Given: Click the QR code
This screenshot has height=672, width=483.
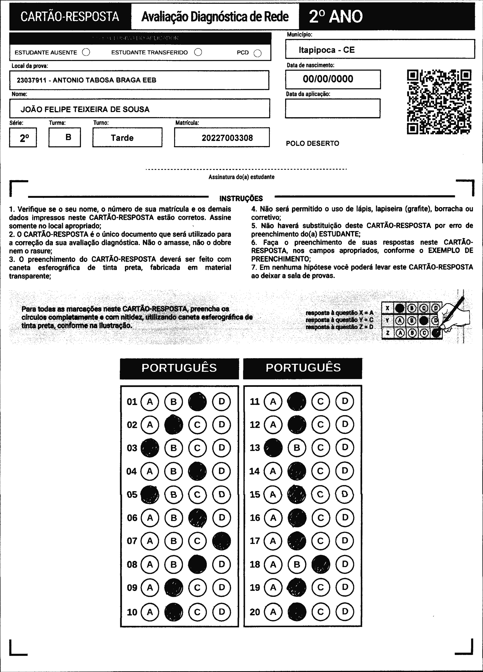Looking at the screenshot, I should [439, 102].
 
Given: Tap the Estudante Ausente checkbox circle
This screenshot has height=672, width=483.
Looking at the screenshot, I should [86, 53].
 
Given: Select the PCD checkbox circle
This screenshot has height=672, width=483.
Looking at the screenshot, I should [258, 53].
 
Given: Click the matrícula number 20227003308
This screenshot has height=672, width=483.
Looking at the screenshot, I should [227, 138].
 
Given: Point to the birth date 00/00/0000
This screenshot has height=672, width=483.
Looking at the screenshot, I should [328, 79].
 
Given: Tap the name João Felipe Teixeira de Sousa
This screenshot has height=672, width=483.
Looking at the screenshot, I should [85, 109].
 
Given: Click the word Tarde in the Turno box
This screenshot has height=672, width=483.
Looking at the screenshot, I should [122, 138].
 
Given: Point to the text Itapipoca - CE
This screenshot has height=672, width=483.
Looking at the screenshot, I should [326, 50].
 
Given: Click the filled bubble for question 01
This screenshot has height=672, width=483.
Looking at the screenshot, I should [197, 402].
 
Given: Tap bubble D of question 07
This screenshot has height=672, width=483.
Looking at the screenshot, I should [222, 541].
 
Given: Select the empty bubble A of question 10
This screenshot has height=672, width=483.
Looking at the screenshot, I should [150, 612].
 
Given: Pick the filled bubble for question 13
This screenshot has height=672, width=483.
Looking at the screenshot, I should [273, 447].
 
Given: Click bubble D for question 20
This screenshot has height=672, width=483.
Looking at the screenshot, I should [345, 612].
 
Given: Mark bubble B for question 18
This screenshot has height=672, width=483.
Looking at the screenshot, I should [297, 564].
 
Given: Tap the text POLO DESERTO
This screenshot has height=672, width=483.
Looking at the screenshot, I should [312, 143].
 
